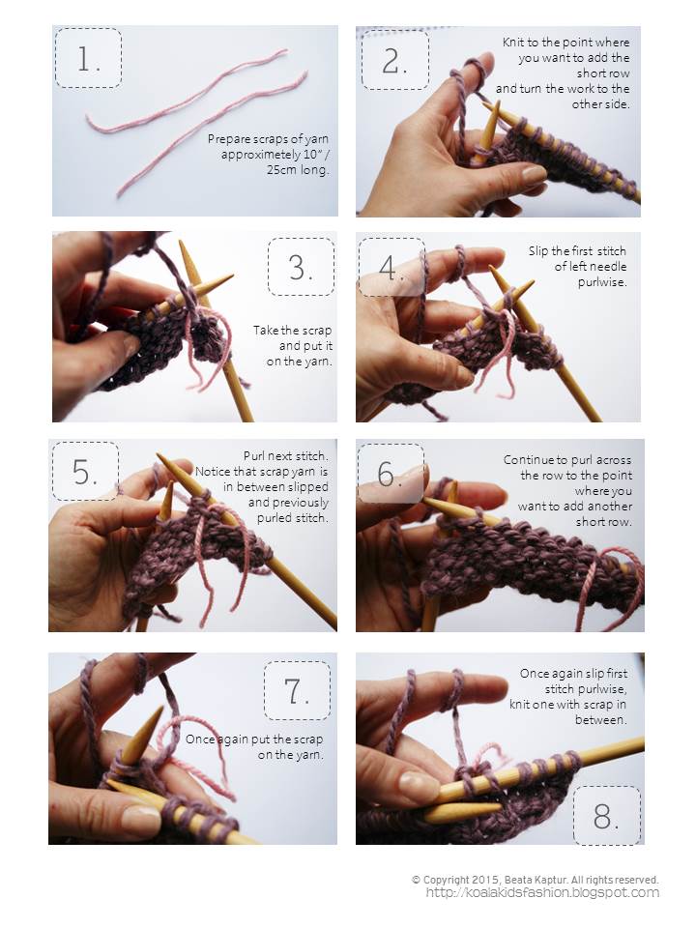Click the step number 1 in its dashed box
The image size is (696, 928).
point(88,59)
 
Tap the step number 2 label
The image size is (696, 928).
point(394,61)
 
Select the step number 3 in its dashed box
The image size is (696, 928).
point(301,267)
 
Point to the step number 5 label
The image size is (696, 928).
point(85,472)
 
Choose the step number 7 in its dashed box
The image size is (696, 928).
point(297,690)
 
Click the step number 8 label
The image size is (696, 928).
point(606,816)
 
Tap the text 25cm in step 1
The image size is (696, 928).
point(281,170)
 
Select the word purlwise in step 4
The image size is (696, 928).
point(602,282)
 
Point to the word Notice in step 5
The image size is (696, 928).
point(213,472)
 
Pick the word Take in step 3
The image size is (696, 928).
point(265,331)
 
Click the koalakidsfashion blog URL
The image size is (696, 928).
point(542,893)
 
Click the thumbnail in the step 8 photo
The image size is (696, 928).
point(419,784)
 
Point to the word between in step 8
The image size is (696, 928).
point(600,720)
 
